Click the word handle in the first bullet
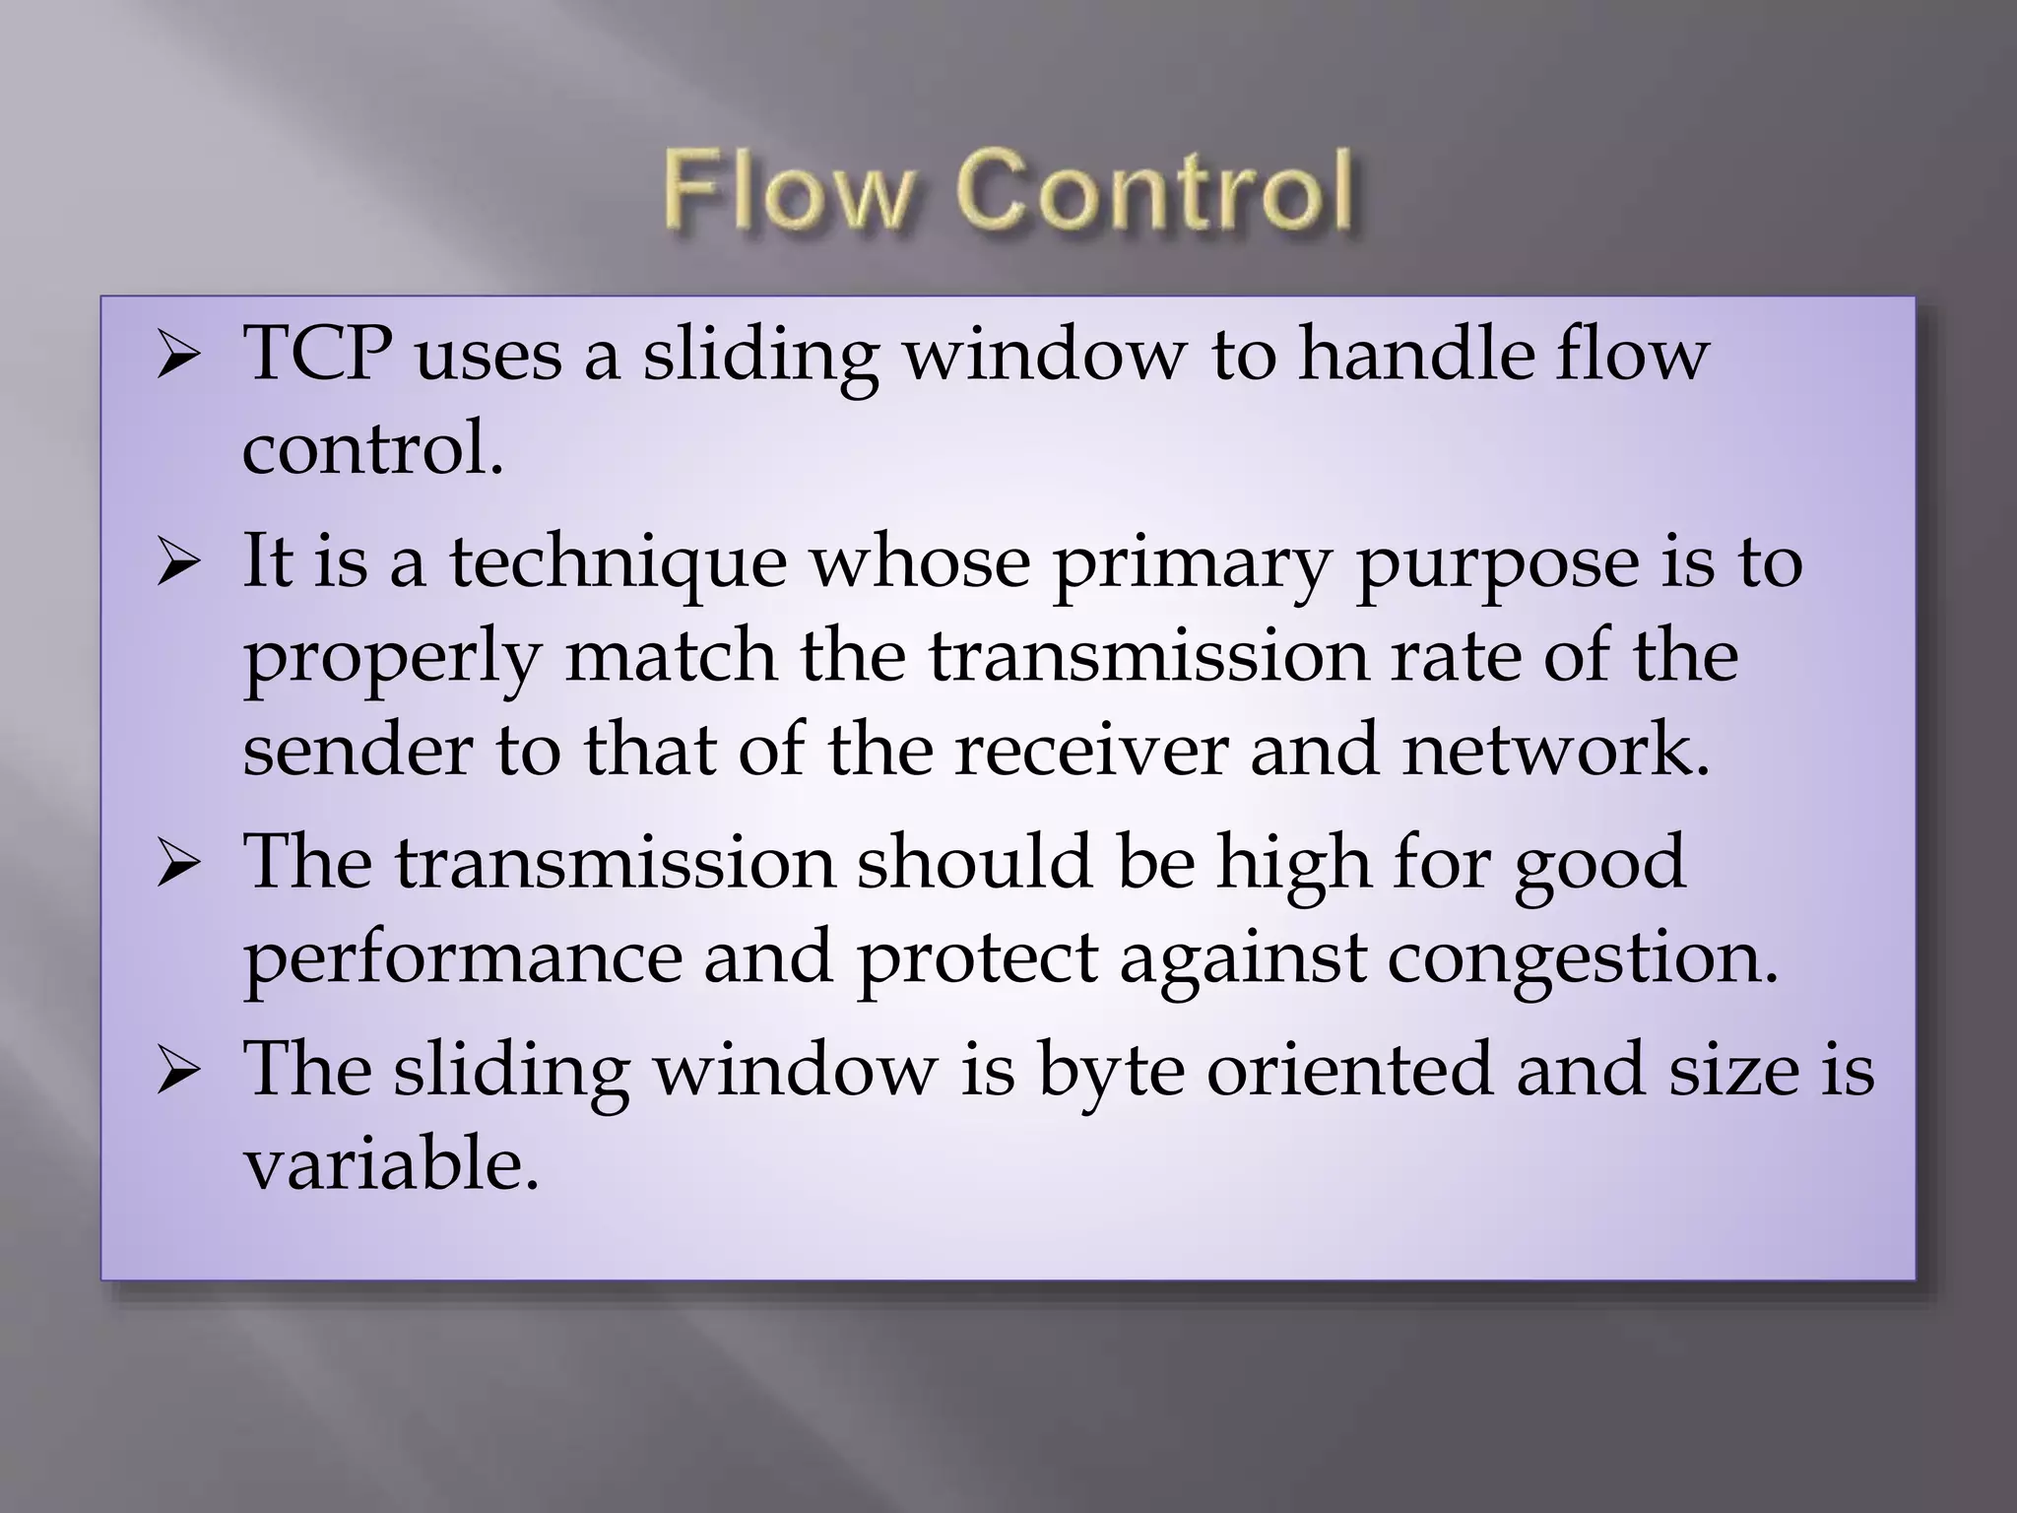tap(1414, 354)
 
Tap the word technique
tap(618, 562)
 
